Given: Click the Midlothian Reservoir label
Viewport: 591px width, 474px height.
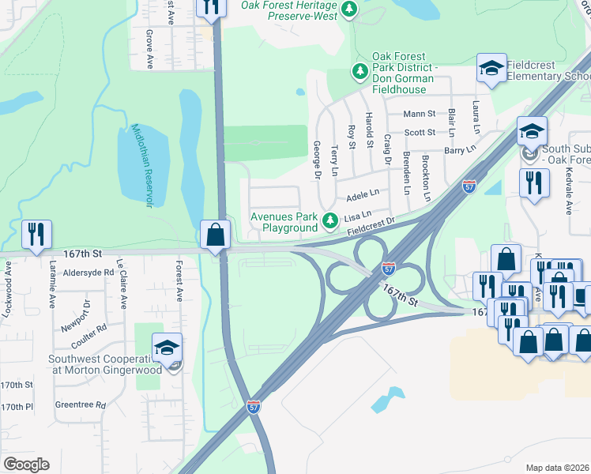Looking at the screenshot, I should coord(141,166).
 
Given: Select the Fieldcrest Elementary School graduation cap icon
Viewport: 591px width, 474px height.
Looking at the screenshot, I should coord(491,69).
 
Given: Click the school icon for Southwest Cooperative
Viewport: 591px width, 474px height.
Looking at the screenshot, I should coord(167,348).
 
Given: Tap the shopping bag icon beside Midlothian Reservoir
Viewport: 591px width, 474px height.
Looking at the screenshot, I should coord(215,235).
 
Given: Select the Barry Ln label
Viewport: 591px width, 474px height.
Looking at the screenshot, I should coord(460,149).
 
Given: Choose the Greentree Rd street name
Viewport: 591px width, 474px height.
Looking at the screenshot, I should coord(81,405).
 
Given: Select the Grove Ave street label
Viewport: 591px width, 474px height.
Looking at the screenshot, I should coord(149,49).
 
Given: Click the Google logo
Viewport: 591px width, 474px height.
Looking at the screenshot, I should coord(26,465).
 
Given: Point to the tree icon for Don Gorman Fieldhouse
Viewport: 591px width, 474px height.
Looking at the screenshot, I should coord(360,72).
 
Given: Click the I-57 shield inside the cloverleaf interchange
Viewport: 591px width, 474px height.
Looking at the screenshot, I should coord(388,269).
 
